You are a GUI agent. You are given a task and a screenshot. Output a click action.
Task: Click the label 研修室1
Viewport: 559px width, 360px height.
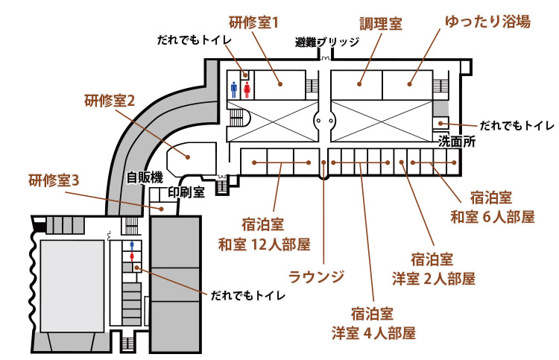[x=253, y=22]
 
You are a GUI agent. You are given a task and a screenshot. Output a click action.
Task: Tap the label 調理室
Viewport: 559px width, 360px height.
[x=381, y=24]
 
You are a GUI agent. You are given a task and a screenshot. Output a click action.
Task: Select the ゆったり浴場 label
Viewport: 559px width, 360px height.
[x=487, y=22]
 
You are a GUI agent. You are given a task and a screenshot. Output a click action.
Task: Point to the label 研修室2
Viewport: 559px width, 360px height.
[x=109, y=101]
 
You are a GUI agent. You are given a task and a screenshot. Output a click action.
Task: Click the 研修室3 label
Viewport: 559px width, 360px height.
[x=54, y=180]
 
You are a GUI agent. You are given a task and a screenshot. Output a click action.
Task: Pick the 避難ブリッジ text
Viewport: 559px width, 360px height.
[x=327, y=42]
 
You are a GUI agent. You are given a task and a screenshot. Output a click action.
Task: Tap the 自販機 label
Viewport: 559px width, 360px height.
[x=144, y=178]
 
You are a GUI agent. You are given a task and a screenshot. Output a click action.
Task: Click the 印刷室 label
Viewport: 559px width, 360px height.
[x=186, y=192]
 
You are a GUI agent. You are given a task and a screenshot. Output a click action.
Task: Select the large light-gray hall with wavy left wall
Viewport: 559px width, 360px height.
[x=72, y=287]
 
